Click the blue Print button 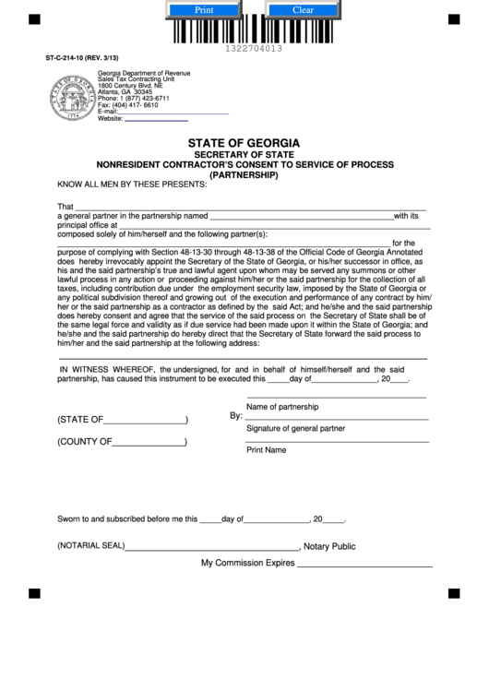tap(203, 10)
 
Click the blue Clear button tap(303, 10)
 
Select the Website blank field tap(156, 119)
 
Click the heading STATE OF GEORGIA tap(244, 143)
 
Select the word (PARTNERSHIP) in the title tap(244, 174)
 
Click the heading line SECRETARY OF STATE tap(244, 154)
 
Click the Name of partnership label tap(281, 407)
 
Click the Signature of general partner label tap(295, 429)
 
